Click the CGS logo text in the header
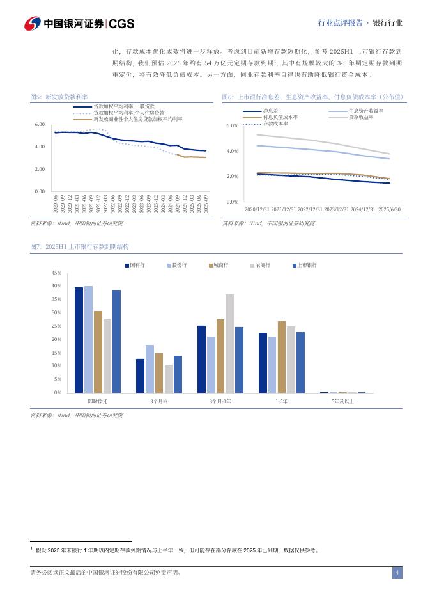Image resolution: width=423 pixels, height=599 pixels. (121, 24)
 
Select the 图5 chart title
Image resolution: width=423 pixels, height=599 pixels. (59, 97)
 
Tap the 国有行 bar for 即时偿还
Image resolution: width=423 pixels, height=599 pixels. (79, 340)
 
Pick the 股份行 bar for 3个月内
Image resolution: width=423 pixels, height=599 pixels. (150, 369)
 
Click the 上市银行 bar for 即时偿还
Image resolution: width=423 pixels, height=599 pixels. (116, 341)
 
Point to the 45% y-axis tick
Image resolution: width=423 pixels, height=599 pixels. (56, 273)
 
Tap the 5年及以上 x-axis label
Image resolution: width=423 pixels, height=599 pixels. (342, 401)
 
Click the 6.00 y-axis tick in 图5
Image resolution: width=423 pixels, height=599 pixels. (39, 125)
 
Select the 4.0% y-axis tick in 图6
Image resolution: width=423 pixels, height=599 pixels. (233, 151)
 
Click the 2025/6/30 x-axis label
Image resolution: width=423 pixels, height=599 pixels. (389, 209)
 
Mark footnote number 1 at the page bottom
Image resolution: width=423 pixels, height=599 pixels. (32, 548)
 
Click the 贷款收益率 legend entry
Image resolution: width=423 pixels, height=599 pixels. (361, 117)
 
